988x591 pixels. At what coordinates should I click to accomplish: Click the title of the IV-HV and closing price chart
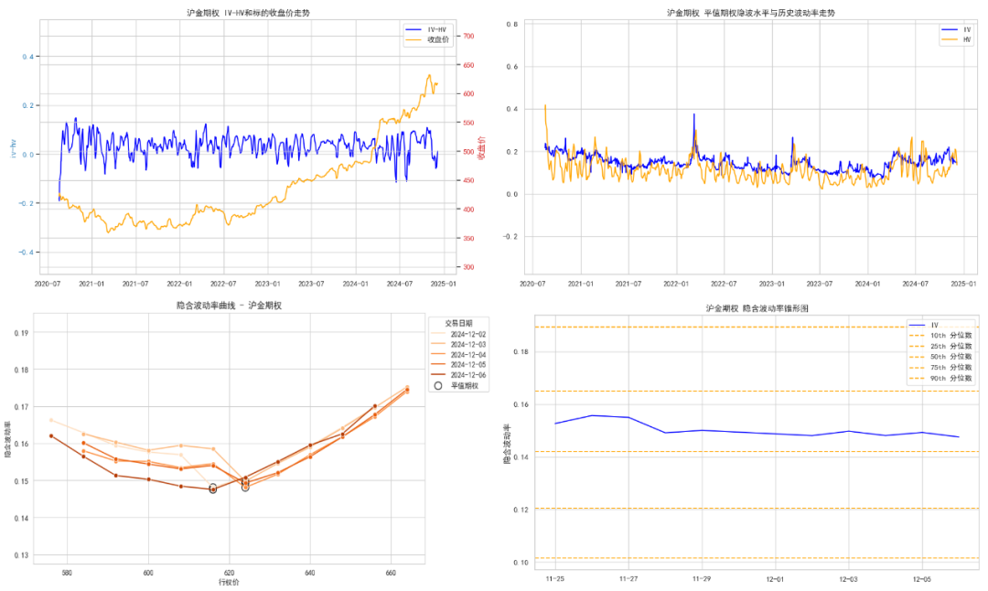tap(247, 13)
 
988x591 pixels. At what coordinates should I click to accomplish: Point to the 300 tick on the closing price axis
tap(468, 267)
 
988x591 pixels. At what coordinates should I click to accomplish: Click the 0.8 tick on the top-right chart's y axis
tap(514, 25)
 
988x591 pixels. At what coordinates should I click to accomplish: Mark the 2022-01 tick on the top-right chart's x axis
tap(677, 284)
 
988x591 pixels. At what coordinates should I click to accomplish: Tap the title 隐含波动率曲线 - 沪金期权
tap(228, 306)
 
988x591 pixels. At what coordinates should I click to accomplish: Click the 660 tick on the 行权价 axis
tap(391, 574)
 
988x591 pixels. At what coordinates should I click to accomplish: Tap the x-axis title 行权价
tap(228, 583)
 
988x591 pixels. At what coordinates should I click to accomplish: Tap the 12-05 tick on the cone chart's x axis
tap(921, 579)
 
